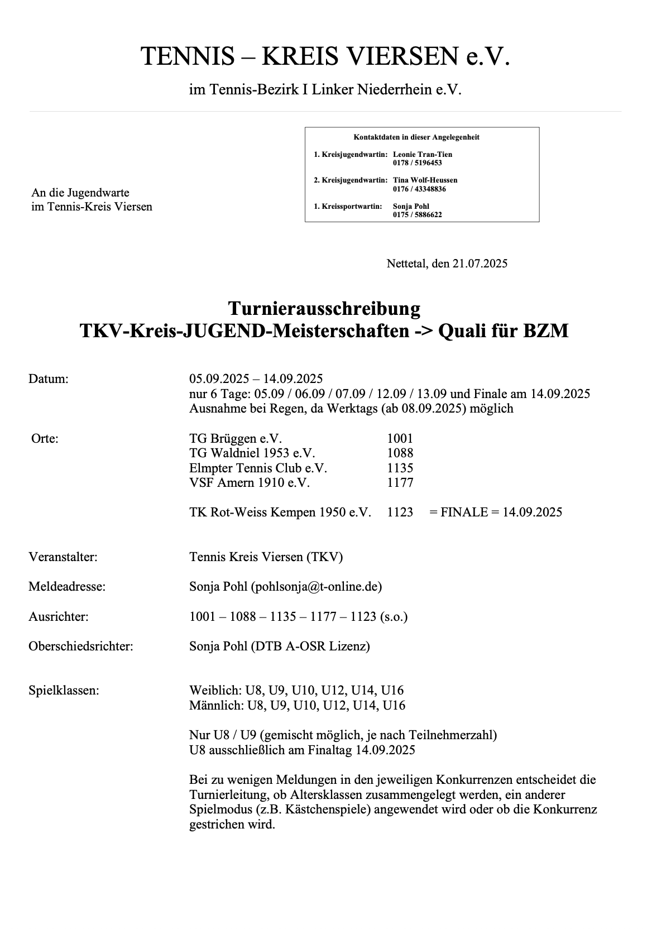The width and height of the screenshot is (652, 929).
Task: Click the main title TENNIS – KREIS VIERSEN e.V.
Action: point(325,57)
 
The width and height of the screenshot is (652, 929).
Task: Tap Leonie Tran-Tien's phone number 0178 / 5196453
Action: point(417,163)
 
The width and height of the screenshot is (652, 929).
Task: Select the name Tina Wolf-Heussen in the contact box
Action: point(425,180)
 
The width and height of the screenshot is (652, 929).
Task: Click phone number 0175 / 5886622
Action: point(417,214)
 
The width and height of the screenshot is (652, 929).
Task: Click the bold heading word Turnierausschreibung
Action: point(324,308)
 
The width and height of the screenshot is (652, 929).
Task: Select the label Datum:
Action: point(49,379)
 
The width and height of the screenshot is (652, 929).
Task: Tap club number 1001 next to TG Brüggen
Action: point(400,439)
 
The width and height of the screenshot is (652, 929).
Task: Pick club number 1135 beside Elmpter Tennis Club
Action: point(400,468)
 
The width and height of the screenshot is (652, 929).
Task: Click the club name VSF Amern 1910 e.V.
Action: point(249,482)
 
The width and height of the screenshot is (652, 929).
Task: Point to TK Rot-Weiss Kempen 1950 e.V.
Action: point(280,513)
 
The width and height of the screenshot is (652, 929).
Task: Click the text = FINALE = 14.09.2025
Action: point(496,513)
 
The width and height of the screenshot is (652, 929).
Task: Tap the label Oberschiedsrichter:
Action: point(81,647)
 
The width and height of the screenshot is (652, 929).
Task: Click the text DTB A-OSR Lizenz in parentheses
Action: point(310,647)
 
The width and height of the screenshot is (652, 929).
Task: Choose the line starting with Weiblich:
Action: point(296,691)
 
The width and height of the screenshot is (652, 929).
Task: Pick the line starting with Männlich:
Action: point(297,705)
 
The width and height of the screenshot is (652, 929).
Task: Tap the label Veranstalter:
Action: point(63,557)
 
